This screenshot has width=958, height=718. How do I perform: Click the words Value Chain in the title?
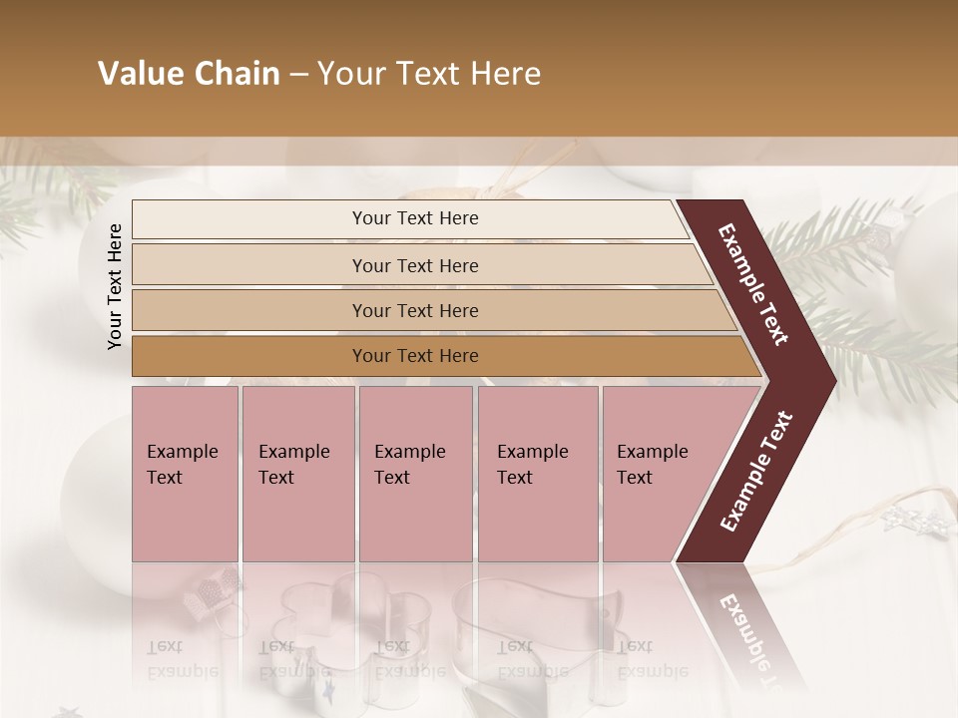pyautogui.click(x=189, y=74)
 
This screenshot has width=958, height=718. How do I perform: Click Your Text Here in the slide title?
pyautogui.click(x=429, y=74)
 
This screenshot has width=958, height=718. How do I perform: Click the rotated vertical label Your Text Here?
pyautogui.click(x=115, y=286)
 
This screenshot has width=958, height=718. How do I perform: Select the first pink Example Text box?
pyautogui.click(x=185, y=474)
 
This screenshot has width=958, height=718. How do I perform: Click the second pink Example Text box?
pyautogui.click(x=297, y=474)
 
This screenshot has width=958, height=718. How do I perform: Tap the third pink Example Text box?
pyautogui.click(x=415, y=474)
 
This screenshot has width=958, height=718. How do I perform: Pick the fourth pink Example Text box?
pyautogui.click(x=538, y=474)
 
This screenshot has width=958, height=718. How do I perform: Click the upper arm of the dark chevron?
pyautogui.click(x=753, y=284)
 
